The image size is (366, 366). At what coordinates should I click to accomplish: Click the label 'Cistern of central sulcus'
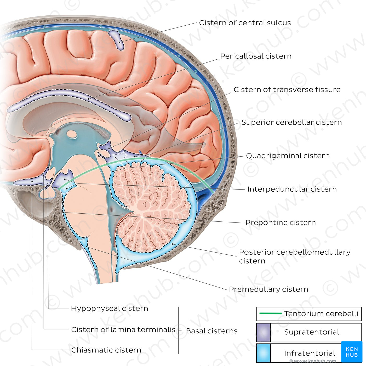pyautogui.click(x=245, y=23)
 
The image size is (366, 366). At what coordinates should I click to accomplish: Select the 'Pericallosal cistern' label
pyautogui.click(x=255, y=56)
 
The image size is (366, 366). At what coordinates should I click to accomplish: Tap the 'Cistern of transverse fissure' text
pyautogui.click(x=287, y=90)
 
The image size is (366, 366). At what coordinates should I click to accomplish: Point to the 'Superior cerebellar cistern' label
pyautogui.click(x=291, y=122)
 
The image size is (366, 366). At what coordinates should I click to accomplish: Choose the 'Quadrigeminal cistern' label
pyautogui.click(x=288, y=156)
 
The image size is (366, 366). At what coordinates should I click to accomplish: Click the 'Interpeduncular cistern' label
pyautogui.click(x=292, y=189)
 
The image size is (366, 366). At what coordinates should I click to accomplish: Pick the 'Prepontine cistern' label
pyautogui.click(x=280, y=223)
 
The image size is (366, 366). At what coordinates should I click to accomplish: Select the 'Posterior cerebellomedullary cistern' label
pyautogui.click(x=294, y=256)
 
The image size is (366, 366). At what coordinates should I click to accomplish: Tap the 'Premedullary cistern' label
pyautogui.click(x=268, y=289)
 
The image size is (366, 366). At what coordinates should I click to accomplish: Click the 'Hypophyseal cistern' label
pyautogui.click(x=109, y=308)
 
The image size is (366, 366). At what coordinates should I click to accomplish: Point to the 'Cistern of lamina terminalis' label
pyautogui.click(x=123, y=330)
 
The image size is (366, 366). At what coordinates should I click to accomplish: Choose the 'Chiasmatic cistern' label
pyautogui.click(x=106, y=350)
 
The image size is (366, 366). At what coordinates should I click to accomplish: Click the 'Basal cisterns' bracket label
pyautogui.click(x=211, y=331)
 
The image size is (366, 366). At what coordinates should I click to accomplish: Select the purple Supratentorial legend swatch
pyautogui.click(x=263, y=332)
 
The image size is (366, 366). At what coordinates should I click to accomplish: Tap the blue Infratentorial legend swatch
pyautogui.click(x=263, y=353)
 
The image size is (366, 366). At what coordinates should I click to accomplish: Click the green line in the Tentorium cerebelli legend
pyautogui.click(x=270, y=313)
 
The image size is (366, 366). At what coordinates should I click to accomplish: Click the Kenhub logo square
pyautogui.click(x=352, y=352)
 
